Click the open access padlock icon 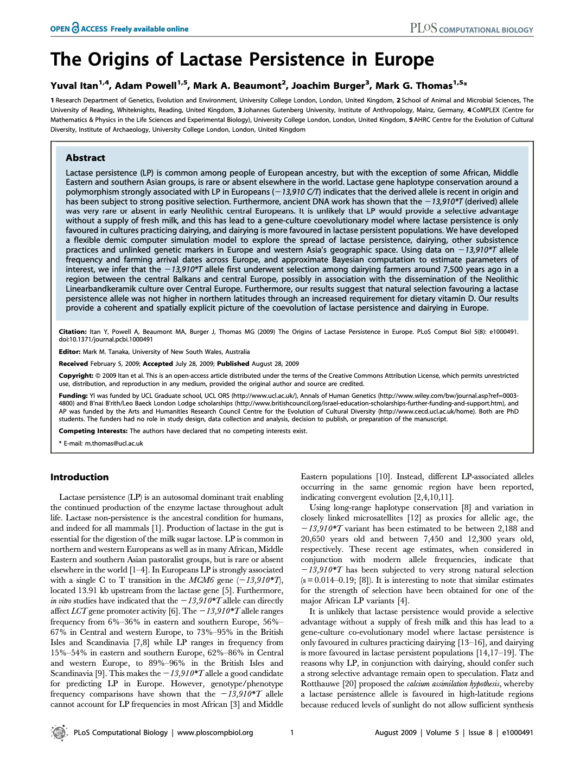click(75, 28)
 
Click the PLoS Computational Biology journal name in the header click(471, 29)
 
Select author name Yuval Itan click(74, 86)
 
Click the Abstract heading click(85, 158)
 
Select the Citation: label click(73, 332)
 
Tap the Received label click(73, 364)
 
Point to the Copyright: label click(76, 376)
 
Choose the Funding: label click(73, 396)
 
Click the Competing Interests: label click(93, 431)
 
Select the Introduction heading click(79, 477)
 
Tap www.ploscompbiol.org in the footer click(215, 732)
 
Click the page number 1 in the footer click(292, 732)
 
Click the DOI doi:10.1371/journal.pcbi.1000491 click(106, 339)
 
